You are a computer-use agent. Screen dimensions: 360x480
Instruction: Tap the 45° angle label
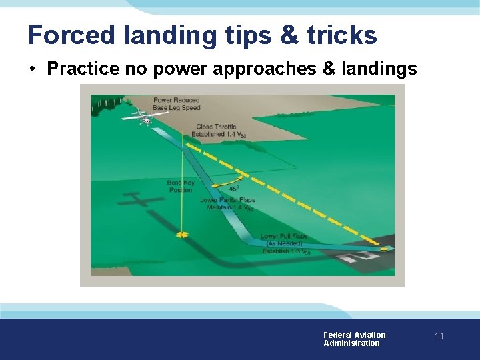coord(234,189)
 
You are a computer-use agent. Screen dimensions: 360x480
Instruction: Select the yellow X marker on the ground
coord(181,235)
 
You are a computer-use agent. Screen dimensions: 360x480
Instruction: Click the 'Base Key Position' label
coord(180,186)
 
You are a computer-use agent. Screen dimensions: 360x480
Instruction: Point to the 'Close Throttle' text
coord(216,127)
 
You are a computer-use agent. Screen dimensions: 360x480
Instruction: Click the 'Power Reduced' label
coord(177,101)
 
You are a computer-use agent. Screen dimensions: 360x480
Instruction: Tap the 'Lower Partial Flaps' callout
coord(227,200)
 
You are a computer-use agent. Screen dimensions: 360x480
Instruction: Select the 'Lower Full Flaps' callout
coord(284,237)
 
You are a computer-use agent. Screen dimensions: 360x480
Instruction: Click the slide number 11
coord(439,336)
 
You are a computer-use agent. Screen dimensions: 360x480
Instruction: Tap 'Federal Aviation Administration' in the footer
coord(354,339)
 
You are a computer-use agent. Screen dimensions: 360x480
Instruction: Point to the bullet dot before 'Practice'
coord(33,69)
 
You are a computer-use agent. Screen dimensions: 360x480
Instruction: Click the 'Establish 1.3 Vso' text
coord(286,251)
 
